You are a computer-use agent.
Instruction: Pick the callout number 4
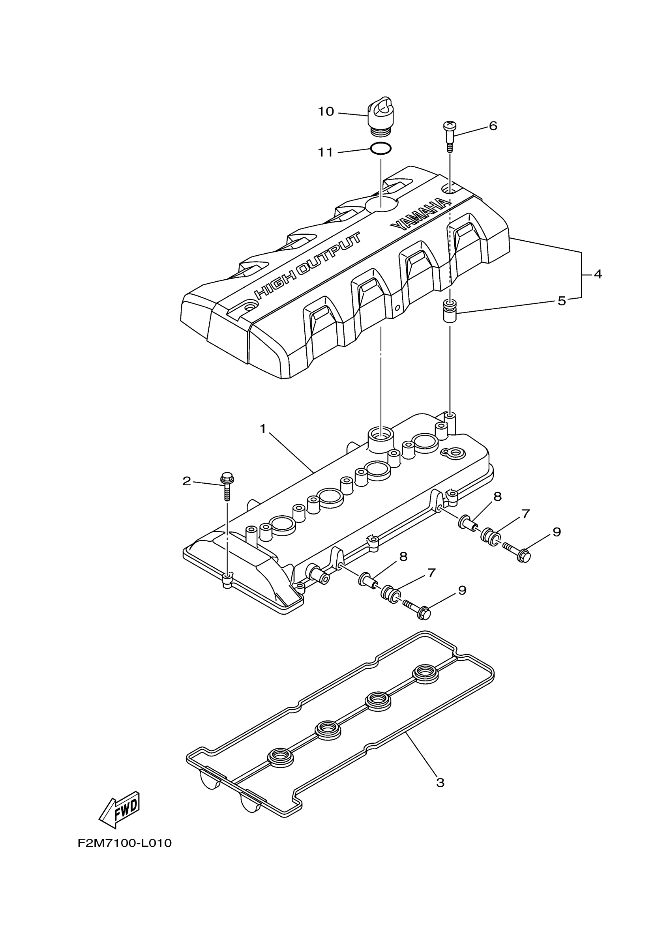tap(598, 274)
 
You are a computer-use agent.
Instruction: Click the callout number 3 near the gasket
tap(440, 782)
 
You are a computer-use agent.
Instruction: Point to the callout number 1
tap(263, 428)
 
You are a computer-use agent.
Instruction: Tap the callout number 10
tap(326, 112)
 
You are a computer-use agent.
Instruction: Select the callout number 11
tap(326, 152)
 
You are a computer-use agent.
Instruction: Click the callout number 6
tap(493, 126)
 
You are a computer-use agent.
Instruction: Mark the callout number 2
tap(187, 481)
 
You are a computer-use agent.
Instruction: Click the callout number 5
tap(562, 301)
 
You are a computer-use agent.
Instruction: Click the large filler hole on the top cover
tap(381, 204)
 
